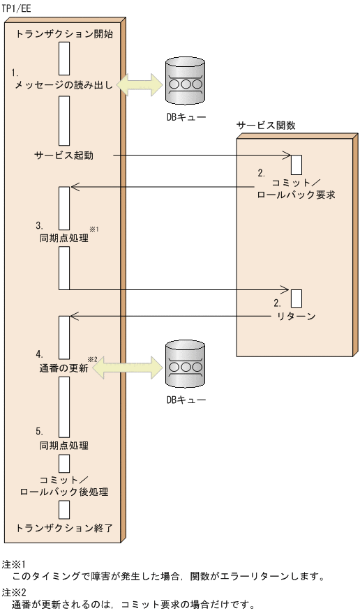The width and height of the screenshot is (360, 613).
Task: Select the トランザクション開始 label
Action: pos(63,33)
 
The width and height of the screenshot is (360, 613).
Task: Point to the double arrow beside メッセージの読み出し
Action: pos(140,84)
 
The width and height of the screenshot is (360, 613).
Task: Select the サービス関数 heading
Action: pos(267,126)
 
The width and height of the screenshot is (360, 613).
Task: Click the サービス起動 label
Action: pos(63,155)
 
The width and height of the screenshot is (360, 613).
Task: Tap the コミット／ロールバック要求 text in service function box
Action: pos(296,189)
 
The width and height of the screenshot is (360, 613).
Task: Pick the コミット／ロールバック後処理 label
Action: pos(63,485)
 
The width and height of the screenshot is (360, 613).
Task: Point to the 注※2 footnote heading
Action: pos(13,591)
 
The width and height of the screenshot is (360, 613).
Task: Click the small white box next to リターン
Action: pos(296,298)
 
